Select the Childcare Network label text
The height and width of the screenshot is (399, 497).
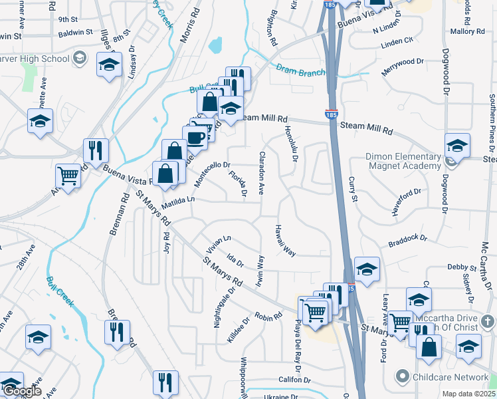[x=452, y=377]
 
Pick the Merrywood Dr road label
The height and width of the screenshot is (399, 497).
[x=403, y=65]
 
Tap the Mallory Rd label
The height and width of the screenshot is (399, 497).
[x=467, y=31]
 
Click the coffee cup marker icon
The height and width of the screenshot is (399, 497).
[x=195, y=137]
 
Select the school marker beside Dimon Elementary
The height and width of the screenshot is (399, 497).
[x=458, y=144]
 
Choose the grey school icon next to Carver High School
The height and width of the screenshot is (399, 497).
[x=80, y=58]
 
